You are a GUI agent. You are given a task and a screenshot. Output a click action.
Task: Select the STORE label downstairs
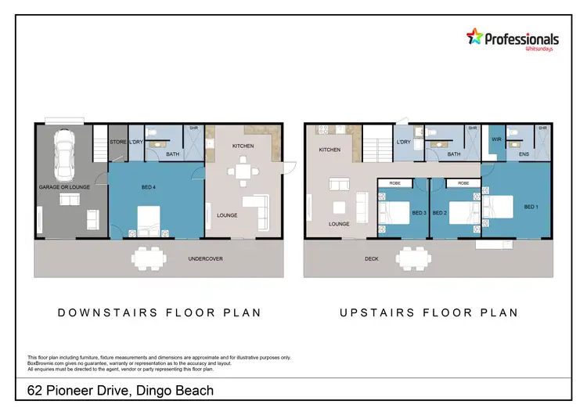[x=118, y=143]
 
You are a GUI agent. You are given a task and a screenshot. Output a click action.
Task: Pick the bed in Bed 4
[x=149, y=219]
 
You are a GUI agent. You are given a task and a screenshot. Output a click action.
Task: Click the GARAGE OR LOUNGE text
[x=65, y=187]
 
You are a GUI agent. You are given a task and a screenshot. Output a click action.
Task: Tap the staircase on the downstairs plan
[x=99, y=146]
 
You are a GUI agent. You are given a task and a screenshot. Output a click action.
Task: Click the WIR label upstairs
[x=496, y=139]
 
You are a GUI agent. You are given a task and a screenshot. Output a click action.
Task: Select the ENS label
[x=524, y=154]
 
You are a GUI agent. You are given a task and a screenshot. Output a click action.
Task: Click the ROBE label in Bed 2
[x=463, y=183]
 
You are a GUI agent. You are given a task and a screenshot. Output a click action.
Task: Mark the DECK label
[x=371, y=258]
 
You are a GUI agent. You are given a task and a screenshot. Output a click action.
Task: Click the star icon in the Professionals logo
[x=474, y=37]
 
